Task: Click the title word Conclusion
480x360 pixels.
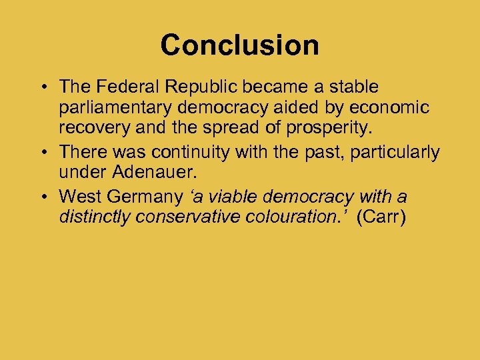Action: (239, 45)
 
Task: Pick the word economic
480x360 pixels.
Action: (395, 109)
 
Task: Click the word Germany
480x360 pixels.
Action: (144, 197)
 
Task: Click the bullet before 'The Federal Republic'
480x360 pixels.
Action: (42, 87)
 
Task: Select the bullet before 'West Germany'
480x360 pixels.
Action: (42, 197)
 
